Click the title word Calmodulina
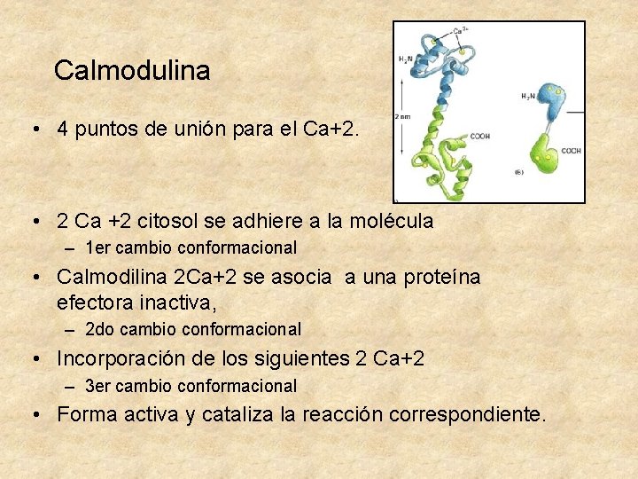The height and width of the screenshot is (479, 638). tap(132, 70)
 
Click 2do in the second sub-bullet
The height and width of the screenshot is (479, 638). tap(100, 330)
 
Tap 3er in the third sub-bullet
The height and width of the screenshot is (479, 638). tap(100, 387)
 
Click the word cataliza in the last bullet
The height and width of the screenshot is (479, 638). tap(237, 414)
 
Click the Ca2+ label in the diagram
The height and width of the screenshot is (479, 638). tap(461, 30)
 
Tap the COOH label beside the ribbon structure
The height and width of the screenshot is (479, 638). tap(479, 136)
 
